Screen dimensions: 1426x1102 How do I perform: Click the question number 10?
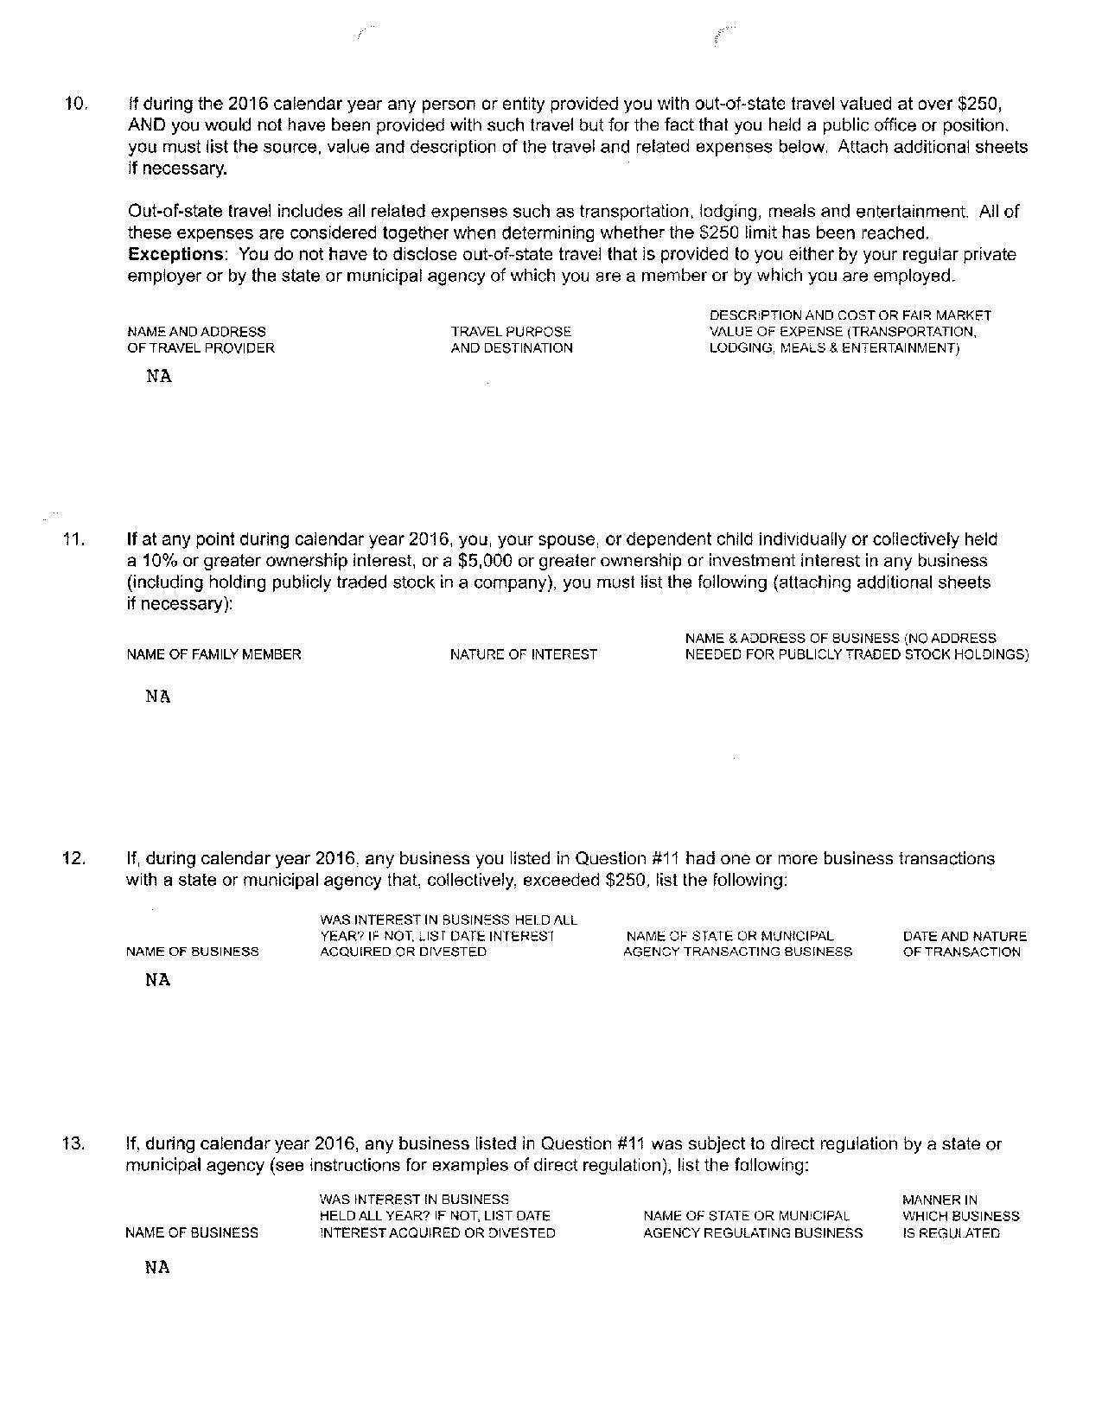tap(75, 104)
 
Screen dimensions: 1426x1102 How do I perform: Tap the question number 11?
tap(74, 539)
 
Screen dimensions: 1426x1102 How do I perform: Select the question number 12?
tap(74, 858)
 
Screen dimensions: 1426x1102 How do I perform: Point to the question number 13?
tap(74, 1143)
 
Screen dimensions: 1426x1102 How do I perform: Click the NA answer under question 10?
tap(159, 377)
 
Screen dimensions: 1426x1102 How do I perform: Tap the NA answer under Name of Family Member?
tap(158, 697)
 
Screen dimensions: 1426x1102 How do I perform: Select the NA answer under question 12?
tap(158, 980)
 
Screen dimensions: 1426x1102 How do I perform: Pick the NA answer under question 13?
tap(157, 1268)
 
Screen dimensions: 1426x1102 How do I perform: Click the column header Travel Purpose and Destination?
tap(512, 340)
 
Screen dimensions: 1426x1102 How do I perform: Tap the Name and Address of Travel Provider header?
tap(201, 340)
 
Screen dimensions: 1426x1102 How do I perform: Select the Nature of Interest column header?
tap(523, 654)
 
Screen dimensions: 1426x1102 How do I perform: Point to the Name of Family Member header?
tap(213, 654)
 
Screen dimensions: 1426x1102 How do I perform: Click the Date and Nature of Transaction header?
tap(965, 944)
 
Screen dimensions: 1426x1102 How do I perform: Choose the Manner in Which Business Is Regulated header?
tap(960, 1216)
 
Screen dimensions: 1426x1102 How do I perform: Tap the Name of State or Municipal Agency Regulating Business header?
tap(752, 1224)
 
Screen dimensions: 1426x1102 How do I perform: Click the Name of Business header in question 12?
tap(192, 952)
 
